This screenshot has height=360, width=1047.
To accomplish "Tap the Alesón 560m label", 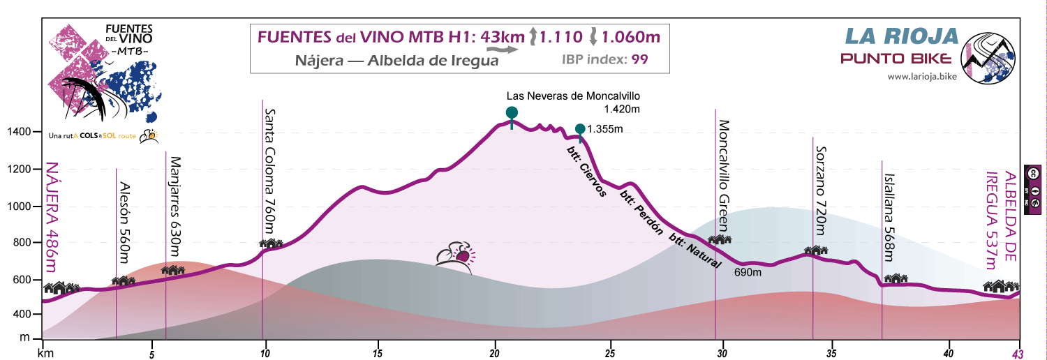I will coord(124,223).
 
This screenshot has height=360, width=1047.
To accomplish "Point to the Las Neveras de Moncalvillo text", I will coord(573,96).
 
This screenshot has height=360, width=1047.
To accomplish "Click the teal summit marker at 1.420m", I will coord(512,113).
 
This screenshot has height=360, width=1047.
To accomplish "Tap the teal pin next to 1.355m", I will coord(580,129).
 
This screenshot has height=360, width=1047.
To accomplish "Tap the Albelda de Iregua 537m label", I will coord(1000,220).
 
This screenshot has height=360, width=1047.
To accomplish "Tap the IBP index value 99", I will coord(640,59).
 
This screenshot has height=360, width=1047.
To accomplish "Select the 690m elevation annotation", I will coord(748,273).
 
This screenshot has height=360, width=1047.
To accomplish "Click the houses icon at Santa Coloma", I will coord(271,243).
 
